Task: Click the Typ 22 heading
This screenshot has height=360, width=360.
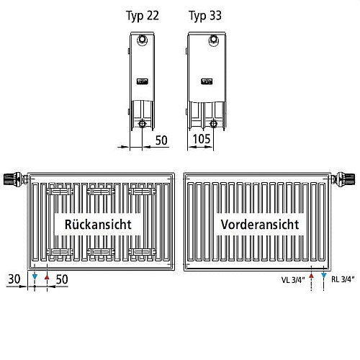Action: [x=143, y=16]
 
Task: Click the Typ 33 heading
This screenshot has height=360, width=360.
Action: [x=205, y=16]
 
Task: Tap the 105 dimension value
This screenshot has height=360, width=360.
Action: [x=202, y=139]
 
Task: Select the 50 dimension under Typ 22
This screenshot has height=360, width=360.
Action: [x=161, y=140]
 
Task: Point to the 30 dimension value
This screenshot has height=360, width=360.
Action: [x=14, y=279]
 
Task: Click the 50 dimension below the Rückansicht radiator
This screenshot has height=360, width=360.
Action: [x=62, y=279]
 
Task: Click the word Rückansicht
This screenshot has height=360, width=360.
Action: [x=98, y=225]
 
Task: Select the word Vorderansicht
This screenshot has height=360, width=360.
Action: [x=260, y=225]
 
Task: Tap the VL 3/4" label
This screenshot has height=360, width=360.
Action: [x=293, y=279]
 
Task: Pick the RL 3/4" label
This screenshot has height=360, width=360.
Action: [x=343, y=279]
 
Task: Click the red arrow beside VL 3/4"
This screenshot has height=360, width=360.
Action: [x=311, y=276]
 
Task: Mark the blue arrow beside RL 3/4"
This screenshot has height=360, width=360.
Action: [x=324, y=275]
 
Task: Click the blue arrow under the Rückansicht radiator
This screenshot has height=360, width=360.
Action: [x=35, y=277]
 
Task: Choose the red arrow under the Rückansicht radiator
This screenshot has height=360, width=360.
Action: [x=47, y=277]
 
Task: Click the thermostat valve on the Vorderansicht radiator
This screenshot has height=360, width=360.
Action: [x=343, y=179]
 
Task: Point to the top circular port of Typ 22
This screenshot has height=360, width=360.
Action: [x=142, y=40]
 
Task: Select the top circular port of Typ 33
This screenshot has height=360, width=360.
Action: [x=213, y=40]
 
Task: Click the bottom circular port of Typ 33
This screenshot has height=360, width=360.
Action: [x=213, y=124]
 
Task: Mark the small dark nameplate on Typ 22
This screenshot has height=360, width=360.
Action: [x=143, y=81]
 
